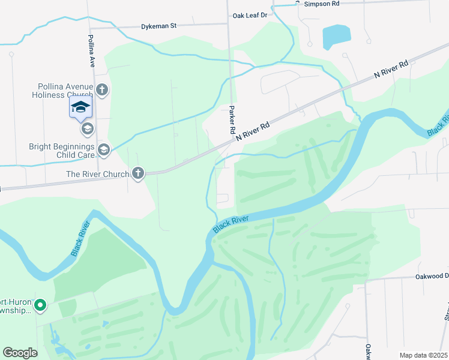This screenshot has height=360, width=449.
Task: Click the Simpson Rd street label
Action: pos(322,4)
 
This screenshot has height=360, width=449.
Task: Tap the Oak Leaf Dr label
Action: pos(249,15)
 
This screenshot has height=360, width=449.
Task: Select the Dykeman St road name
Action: pos(158,26)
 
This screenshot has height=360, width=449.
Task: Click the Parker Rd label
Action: pos(232,120)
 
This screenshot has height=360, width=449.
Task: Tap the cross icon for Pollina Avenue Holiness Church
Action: pos(102,91)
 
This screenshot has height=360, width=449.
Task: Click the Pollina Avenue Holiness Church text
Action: pos(62,91)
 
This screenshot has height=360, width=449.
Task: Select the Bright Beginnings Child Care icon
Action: pos(103,150)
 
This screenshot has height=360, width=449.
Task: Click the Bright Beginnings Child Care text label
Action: pos(62,151)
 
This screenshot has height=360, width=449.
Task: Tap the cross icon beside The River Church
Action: pos(138,174)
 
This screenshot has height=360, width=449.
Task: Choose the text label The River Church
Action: pos(99,175)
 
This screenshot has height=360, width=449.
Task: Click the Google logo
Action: pos(20,353)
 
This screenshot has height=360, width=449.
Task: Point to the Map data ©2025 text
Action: pos(423,355)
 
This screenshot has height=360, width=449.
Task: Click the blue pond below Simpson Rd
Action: pos(336,37)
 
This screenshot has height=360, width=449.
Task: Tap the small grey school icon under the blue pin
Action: pos(87,128)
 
